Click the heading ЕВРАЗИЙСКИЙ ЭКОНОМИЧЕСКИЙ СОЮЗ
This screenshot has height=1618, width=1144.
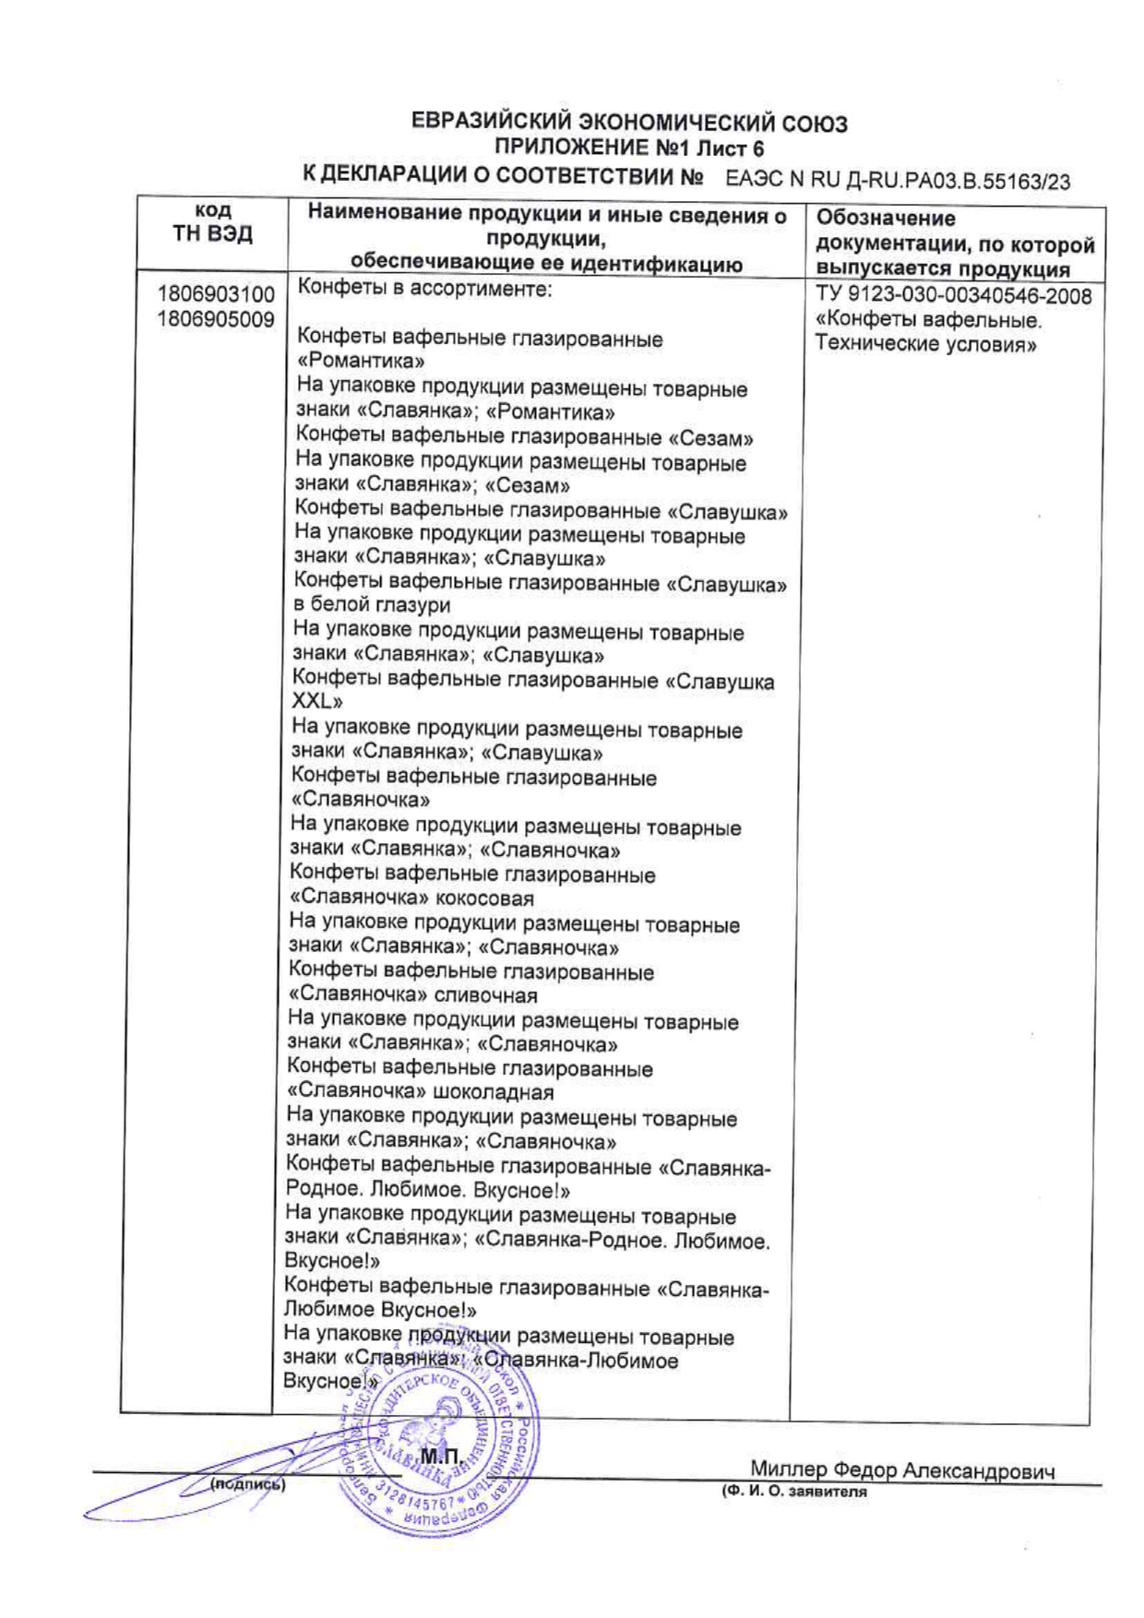coord(628,123)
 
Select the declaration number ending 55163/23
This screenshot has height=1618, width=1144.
coord(898,179)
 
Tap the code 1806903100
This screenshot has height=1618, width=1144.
coord(216,294)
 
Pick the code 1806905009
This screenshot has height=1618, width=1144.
coord(216,319)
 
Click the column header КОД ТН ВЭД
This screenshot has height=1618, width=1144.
coord(212,224)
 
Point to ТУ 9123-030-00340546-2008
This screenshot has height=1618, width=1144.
coord(954,296)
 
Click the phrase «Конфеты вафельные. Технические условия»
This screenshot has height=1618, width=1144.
coord(928,332)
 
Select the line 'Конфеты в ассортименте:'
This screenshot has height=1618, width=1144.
coord(424,288)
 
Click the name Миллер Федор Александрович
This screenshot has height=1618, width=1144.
coord(901,1470)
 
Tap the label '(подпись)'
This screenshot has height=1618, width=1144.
coord(247,1485)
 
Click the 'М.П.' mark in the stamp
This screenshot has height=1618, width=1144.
coord(439,1457)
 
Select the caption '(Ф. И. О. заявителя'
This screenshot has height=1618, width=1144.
coord(794,1491)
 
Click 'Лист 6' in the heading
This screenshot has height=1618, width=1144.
coord(730,149)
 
